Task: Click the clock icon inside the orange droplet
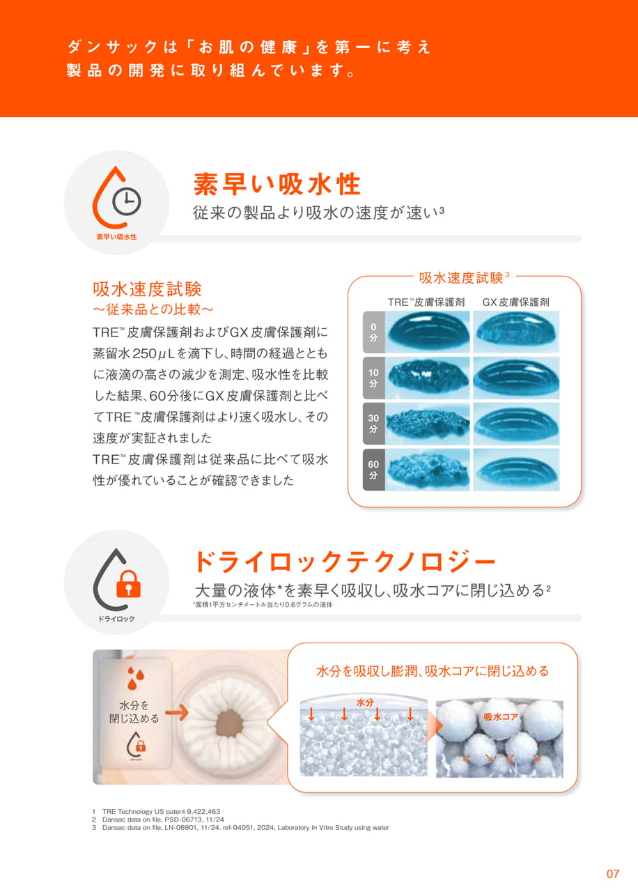click(x=126, y=202)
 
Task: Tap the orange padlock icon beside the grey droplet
click(x=128, y=584)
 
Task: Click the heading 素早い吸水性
click(x=277, y=184)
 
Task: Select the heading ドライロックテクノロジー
click(x=345, y=562)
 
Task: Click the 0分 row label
click(x=373, y=332)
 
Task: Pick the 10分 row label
click(x=373, y=378)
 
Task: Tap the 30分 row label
click(x=373, y=424)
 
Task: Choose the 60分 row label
click(x=373, y=470)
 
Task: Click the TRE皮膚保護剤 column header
click(x=426, y=302)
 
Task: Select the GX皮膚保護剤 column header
click(x=516, y=302)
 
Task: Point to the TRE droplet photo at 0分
click(x=428, y=332)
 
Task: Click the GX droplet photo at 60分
click(x=516, y=470)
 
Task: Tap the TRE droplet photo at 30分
click(x=428, y=424)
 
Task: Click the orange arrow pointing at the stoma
click(x=177, y=712)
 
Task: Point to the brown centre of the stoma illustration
click(x=230, y=723)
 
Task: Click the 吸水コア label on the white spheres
click(x=501, y=717)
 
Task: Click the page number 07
click(x=613, y=874)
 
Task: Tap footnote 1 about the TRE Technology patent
click(x=156, y=812)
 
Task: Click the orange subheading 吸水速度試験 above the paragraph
click(x=147, y=289)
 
